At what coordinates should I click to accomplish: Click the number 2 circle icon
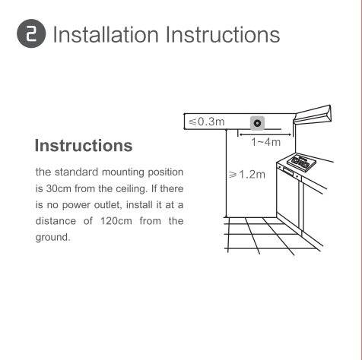[31, 33]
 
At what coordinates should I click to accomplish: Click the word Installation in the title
[106, 34]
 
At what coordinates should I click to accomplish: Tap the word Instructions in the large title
[223, 34]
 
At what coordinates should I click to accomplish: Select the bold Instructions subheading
[84, 145]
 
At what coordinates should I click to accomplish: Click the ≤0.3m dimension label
[207, 122]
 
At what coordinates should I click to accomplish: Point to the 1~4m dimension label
[266, 142]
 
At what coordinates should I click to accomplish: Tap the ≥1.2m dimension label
[246, 175]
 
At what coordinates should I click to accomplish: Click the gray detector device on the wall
[257, 123]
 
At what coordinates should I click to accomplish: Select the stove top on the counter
[301, 163]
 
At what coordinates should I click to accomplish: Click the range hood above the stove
[313, 115]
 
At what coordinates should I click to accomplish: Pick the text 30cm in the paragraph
[59, 188]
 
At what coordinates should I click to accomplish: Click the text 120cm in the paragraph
[116, 221]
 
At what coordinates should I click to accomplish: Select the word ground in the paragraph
[52, 238]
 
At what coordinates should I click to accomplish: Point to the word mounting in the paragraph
[123, 172]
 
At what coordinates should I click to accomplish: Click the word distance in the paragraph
[56, 221]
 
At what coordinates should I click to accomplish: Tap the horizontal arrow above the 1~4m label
[265, 134]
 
